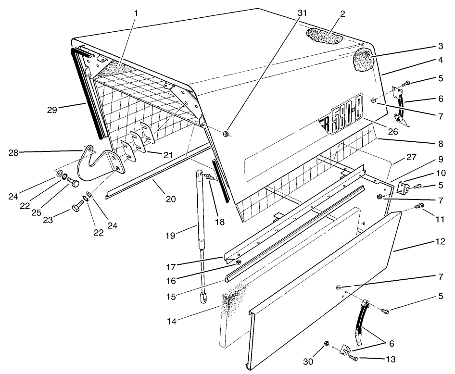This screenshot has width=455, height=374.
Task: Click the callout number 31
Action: tap(302, 13)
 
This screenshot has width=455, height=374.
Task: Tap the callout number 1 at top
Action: tap(136, 13)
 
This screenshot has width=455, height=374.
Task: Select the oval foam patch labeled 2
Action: tap(323, 36)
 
